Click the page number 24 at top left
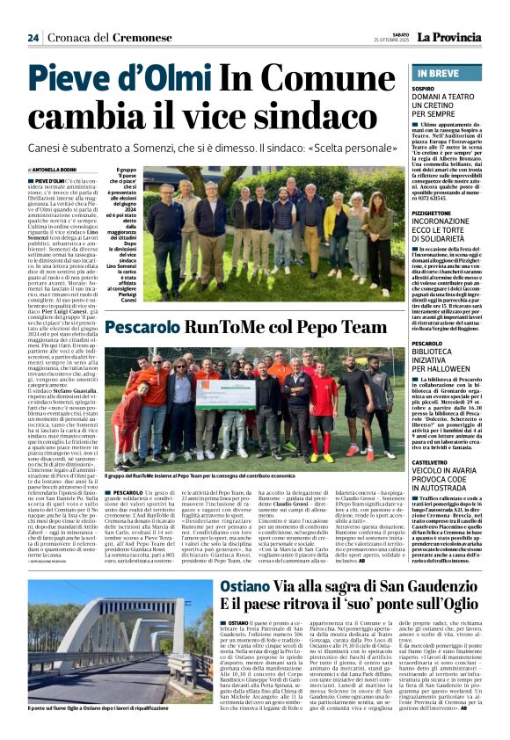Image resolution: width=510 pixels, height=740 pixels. pyautogui.click(x=33, y=38)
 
